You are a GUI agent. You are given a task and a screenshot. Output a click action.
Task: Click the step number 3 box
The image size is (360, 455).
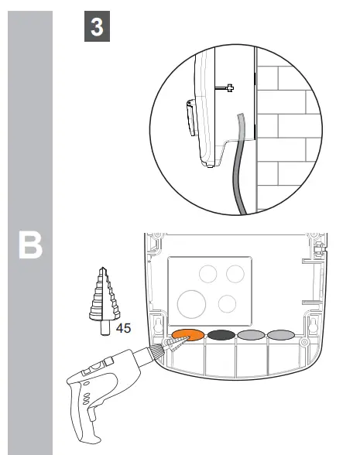point(96,28)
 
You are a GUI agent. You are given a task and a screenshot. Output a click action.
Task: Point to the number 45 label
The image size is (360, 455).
point(124,328)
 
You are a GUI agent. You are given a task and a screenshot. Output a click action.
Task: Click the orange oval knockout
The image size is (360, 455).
point(187,335)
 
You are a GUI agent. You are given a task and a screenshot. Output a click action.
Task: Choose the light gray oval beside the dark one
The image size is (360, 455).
point(252,335)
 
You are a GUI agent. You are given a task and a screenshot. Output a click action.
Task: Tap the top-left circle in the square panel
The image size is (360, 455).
point(207,273)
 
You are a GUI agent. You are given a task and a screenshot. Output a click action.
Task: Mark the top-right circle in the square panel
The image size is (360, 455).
point(235,275)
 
